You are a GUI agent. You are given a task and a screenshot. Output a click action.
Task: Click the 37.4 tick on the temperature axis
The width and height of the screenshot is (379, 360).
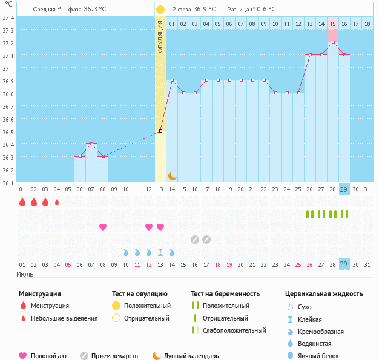(8, 18)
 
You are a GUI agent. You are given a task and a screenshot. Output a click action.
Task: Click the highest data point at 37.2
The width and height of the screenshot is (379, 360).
(333, 42)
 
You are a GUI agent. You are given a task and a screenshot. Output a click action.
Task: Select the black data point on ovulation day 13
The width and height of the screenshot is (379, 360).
(160, 131)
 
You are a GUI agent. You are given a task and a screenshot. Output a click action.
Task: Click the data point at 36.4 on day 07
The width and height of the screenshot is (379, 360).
(91, 143)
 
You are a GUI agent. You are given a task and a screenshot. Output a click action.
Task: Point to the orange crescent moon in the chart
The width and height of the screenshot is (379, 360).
(172, 175)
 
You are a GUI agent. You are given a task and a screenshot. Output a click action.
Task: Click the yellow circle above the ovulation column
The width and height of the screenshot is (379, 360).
(160, 10)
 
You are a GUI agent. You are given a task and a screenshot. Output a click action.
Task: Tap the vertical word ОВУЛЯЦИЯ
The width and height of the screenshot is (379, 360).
(160, 37)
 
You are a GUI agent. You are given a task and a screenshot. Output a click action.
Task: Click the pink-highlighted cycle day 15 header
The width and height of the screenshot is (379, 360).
(333, 24)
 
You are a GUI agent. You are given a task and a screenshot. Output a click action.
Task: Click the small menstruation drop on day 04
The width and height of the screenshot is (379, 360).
(57, 202)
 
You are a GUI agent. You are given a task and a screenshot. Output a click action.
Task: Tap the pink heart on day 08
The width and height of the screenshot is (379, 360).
(103, 227)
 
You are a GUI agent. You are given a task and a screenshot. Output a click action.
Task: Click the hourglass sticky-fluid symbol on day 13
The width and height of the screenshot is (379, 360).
(160, 252)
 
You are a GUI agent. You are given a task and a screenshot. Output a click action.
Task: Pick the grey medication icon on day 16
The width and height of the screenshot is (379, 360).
(195, 240)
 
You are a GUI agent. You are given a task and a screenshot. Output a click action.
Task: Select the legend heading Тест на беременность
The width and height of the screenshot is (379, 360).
(225, 293)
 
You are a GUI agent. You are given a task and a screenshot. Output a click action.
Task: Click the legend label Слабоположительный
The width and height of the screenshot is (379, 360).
(236, 330)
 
